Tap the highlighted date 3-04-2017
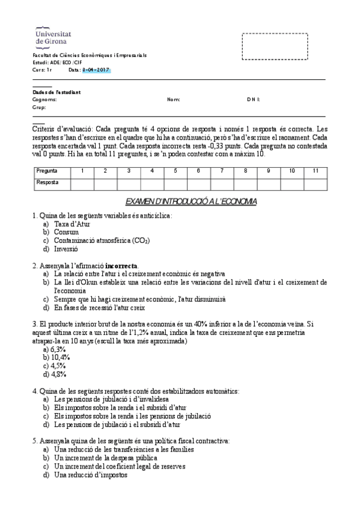[96, 70]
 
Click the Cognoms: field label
[44, 99]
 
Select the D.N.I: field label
[254, 99]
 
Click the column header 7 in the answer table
[221, 171]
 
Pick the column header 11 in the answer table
[315, 171]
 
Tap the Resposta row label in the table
[47, 182]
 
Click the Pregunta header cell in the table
[47, 171]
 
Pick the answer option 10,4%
[58, 357]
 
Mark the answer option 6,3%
[58, 349]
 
